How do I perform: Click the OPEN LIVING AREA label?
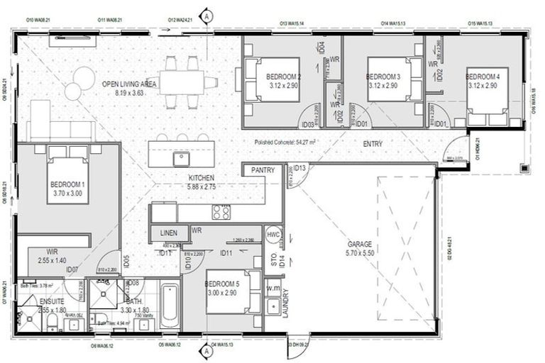pyautogui.click(x=128, y=84)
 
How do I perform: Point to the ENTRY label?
pyautogui.click(x=373, y=144)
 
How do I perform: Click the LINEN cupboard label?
pyautogui.click(x=168, y=233)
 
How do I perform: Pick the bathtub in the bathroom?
pyautogui.click(x=170, y=306)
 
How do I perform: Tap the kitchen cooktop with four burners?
pyautogui.click(x=221, y=211)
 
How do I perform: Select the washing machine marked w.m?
pyautogui.click(x=273, y=289)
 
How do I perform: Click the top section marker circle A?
pyautogui.click(x=207, y=14)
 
